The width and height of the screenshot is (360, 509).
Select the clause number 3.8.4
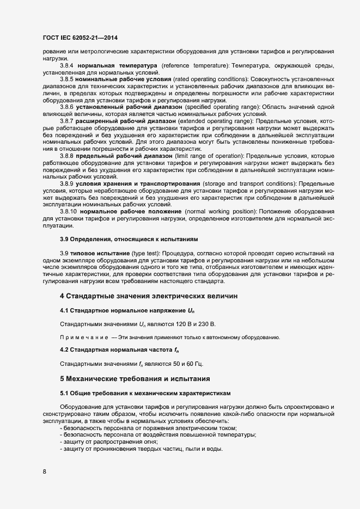pos(66,65)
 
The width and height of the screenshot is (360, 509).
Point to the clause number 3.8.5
pos(66,79)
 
